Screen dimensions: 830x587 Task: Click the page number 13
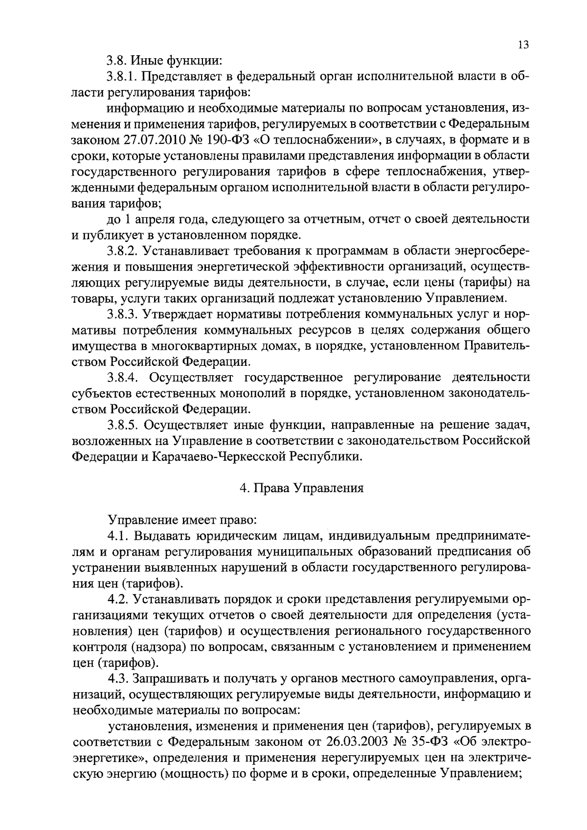[x=523, y=45]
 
